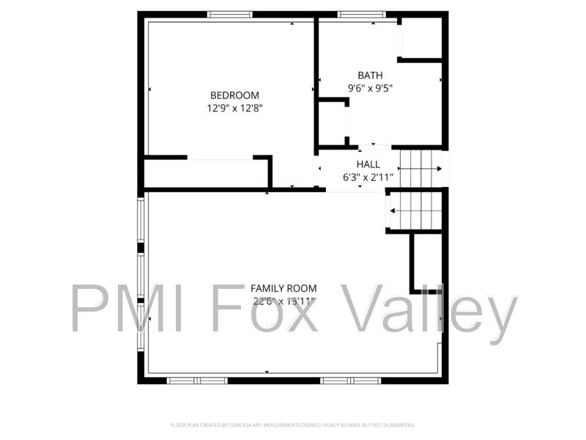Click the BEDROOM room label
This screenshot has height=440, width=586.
[x=234, y=95]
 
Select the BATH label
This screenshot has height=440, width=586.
[x=369, y=76]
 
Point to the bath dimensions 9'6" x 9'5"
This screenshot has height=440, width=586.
[x=370, y=89]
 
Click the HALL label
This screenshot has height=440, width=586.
[x=368, y=164]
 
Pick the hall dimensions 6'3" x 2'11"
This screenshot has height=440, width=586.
[x=368, y=177]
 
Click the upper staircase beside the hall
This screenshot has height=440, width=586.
[x=422, y=169]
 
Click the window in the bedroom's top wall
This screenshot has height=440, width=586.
[x=230, y=14]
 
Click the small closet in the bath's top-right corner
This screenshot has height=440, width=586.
[x=420, y=37]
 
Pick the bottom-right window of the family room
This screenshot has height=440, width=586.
[x=351, y=380]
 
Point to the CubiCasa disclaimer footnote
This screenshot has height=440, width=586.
[x=293, y=425]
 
